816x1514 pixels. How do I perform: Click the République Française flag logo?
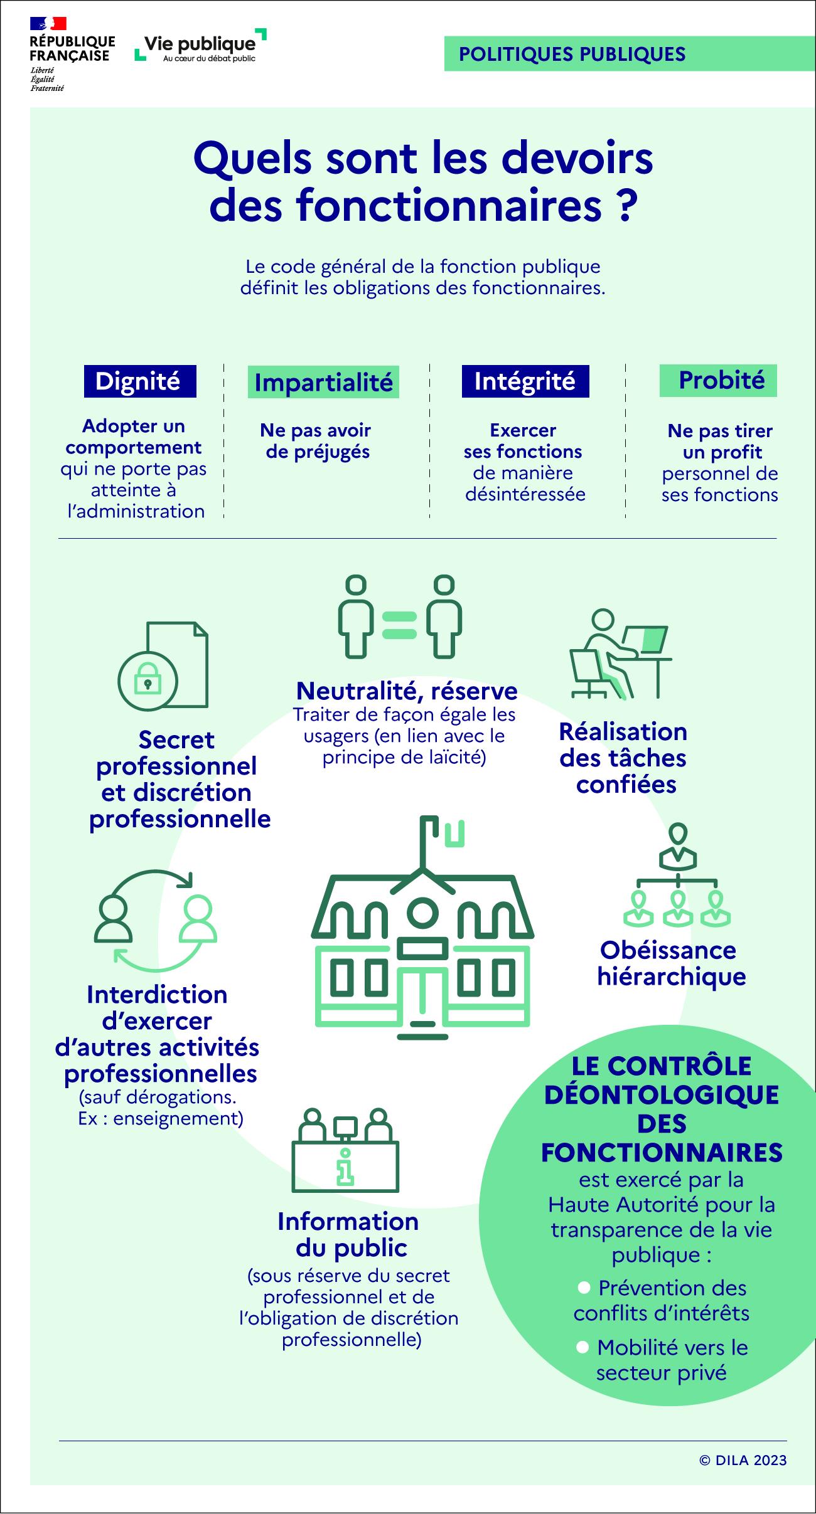tap(48, 24)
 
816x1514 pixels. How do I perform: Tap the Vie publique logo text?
tap(200, 44)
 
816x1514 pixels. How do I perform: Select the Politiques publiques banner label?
tap(572, 55)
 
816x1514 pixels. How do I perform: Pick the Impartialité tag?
tap(323, 383)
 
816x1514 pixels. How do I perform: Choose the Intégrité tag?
tap(525, 381)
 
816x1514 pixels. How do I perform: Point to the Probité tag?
tap(718, 380)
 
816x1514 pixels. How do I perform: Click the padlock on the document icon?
tap(148, 682)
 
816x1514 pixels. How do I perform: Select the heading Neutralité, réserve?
tap(407, 691)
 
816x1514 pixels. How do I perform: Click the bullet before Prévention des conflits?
tap(584, 1288)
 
